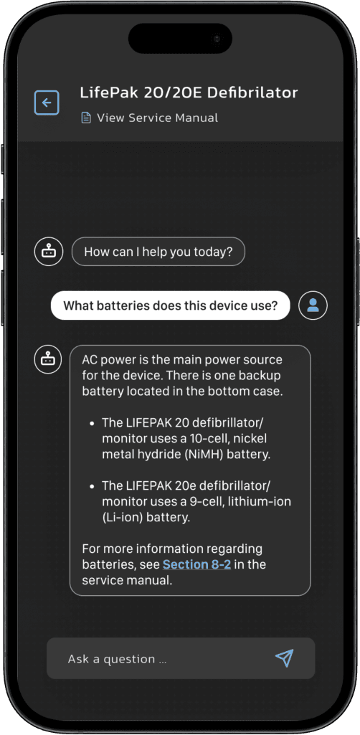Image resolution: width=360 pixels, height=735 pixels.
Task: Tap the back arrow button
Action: (47, 103)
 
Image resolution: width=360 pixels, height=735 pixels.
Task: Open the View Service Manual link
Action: (157, 118)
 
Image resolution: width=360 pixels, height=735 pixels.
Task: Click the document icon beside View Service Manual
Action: (86, 118)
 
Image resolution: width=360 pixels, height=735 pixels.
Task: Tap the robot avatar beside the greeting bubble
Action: (48, 252)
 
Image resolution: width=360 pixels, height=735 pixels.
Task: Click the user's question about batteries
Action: (170, 305)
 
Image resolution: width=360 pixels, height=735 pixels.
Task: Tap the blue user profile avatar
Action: (313, 305)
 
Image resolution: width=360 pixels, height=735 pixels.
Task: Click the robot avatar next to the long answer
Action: (48, 359)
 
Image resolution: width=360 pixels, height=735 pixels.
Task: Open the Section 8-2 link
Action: (196, 564)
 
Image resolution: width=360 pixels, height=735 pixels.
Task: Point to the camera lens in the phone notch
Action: (216, 37)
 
